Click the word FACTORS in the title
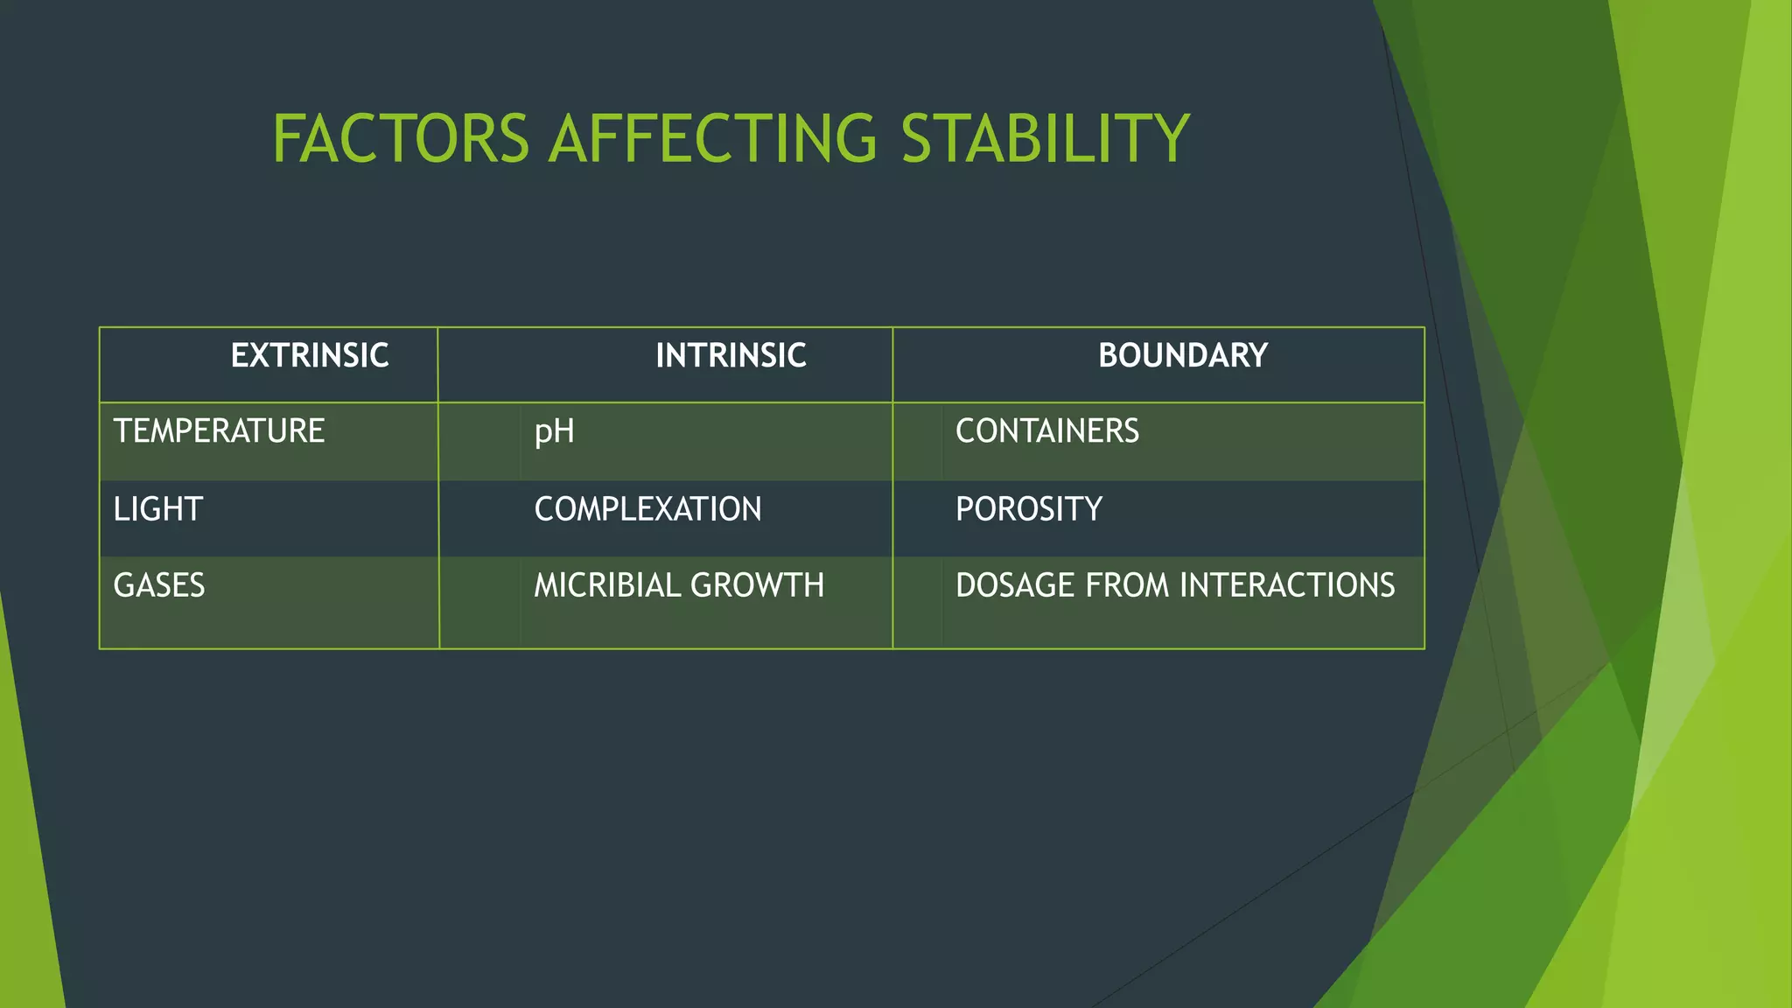click(x=401, y=139)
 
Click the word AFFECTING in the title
click(x=712, y=139)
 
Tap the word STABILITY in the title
click(x=1045, y=139)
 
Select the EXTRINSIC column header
click(x=310, y=356)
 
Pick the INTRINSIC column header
click(x=731, y=356)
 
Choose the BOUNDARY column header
click(x=1183, y=356)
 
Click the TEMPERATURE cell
click(x=219, y=431)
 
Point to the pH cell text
click(x=554, y=432)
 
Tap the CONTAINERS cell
click(x=1046, y=431)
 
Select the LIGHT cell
click(x=157, y=509)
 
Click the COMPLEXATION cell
click(x=647, y=509)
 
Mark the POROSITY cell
click(x=1028, y=509)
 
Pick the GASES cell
click(x=158, y=585)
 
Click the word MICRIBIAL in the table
click(x=602, y=585)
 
